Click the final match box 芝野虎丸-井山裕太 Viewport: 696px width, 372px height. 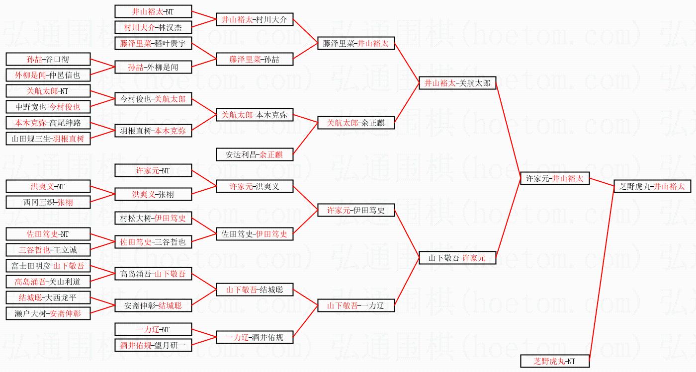click(x=652, y=186)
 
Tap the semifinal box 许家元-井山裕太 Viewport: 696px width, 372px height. click(x=554, y=178)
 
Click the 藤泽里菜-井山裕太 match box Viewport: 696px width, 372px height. click(x=356, y=43)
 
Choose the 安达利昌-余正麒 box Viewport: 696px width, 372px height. click(x=254, y=154)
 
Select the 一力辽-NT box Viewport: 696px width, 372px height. click(x=153, y=329)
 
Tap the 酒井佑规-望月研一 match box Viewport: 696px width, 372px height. click(x=153, y=345)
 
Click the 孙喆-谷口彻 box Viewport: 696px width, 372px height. click(x=48, y=59)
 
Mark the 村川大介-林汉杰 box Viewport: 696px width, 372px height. click(x=153, y=27)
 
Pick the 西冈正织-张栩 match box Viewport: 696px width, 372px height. click(x=48, y=202)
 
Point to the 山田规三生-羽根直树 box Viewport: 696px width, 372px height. click(x=48, y=139)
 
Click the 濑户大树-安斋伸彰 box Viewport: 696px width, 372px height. click(x=48, y=313)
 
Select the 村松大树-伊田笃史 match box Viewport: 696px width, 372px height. click(x=153, y=218)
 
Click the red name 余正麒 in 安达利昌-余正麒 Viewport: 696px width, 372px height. click(x=270, y=154)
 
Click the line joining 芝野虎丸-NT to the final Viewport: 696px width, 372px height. click(x=602, y=273)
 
